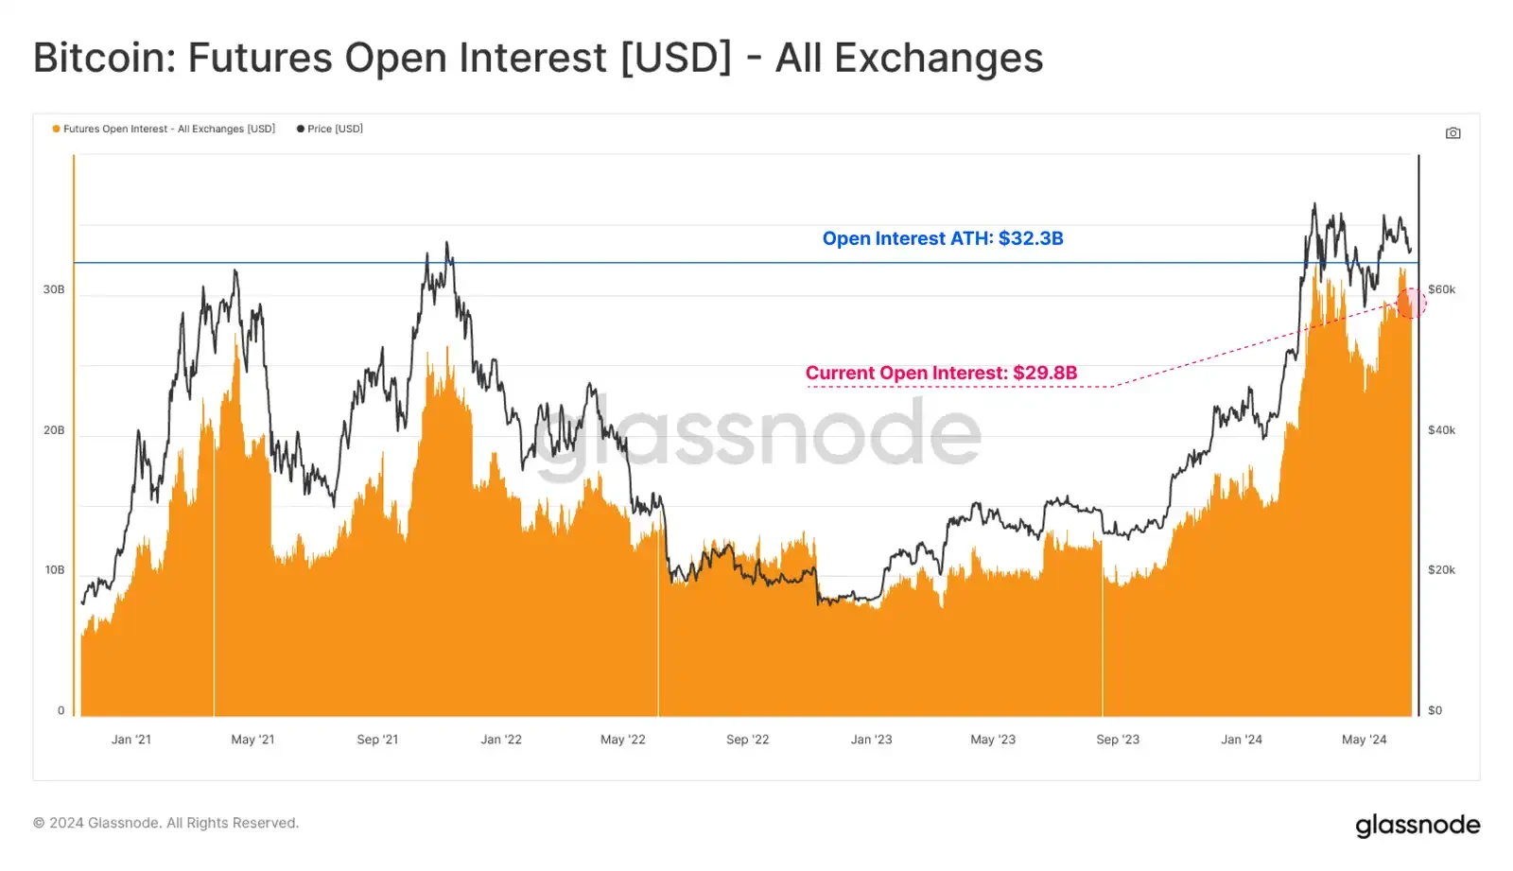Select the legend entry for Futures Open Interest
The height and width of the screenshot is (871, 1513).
(164, 129)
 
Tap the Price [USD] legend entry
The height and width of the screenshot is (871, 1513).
(330, 129)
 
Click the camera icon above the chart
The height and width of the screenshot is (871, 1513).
(1452, 133)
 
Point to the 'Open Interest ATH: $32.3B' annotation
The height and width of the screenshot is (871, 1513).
(942, 238)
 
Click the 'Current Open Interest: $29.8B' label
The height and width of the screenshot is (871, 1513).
(941, 373)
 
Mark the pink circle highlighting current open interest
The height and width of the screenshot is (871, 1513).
(1411, 304)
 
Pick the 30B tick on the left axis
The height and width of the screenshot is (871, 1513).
(54, 289)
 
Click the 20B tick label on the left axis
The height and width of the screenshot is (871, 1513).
(54, 430)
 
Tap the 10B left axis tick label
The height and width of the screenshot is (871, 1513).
(54, 570)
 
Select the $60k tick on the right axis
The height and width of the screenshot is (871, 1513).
(1441, 289)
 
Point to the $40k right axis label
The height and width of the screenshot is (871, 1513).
(1441, 430)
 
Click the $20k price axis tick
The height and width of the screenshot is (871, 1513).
(1441, 570)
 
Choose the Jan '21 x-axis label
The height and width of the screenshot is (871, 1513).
(130, 740)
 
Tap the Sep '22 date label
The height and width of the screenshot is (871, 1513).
(747, 740)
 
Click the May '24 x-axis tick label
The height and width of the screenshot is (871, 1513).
(1364, 740)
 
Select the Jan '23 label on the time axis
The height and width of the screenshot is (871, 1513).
(871, 740)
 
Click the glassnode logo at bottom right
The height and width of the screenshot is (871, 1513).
(1417, 825)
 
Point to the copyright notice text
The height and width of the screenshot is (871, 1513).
(165, 823)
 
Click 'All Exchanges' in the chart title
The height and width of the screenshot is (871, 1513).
(909, 58)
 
